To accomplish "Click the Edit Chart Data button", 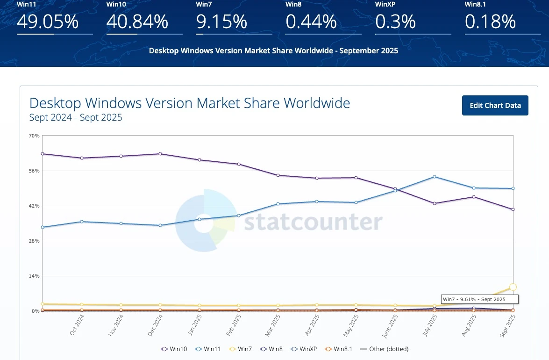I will click(495, 105).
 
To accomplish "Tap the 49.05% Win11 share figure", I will click(48, 22).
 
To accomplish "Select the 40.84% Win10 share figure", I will click(137, 22).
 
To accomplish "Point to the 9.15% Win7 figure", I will click(221, 22).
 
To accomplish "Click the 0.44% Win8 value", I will click(311, 22).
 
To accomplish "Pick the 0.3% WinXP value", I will click(395, 22).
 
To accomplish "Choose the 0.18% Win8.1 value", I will click(490, 22).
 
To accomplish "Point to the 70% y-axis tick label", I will click(34, 136).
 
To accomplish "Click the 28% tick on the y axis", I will click(34, 241).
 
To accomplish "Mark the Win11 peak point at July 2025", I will click(435, 177).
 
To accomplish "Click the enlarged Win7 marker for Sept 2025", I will click(513, 287).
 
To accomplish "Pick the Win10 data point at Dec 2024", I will click(160, 154).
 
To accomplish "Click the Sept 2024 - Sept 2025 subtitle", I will click(76, 118).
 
